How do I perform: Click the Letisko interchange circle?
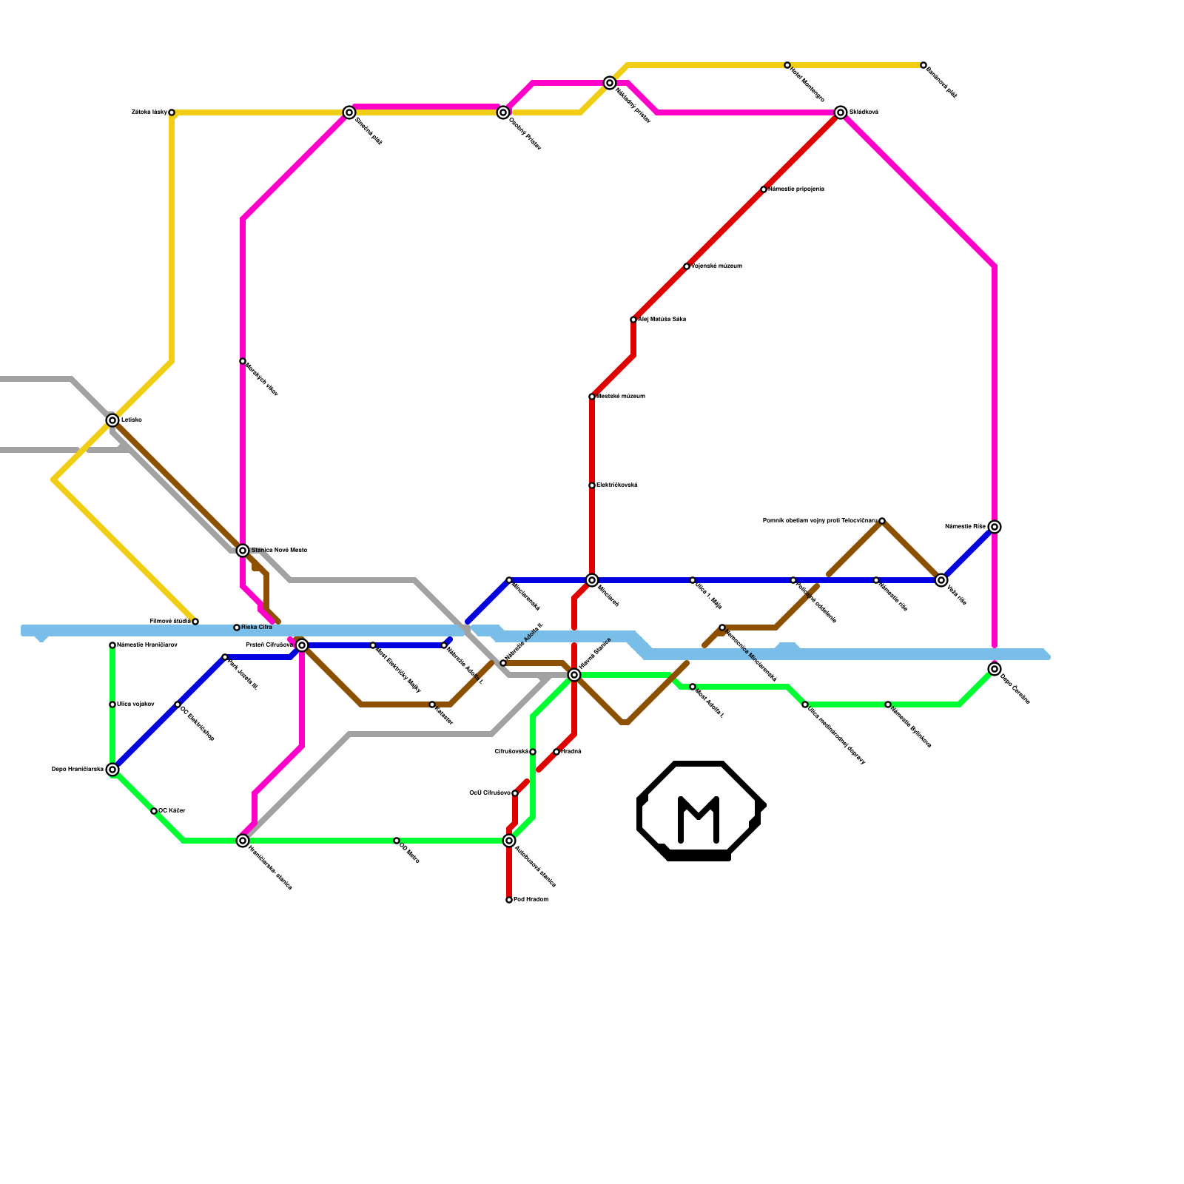click(112, 420)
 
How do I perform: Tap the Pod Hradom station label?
click(531, 899)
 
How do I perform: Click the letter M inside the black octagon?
click(699, 818)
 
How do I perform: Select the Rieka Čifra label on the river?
click(257, 628)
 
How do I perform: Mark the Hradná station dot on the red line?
click(556, 752)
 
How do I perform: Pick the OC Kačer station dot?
click(154, 811)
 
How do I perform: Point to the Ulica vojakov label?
click(135, 704)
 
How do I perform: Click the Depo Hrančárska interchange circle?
click(112, 770)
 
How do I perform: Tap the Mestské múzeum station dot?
click(592, 397)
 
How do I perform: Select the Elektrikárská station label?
click(617, 485)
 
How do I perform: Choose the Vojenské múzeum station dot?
click(687, 266)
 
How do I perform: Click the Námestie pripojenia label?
click(796, 189)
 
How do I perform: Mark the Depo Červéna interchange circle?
click(995, 669)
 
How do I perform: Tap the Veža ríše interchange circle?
click(941, 580)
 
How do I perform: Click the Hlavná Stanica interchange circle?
click(574, 675)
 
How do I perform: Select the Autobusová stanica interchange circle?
click(509, 841)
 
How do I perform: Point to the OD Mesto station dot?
click(397, 841)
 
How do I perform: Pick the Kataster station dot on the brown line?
click(432, 704)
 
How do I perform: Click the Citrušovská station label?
click(511, 751)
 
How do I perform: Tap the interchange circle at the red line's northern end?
click(841, 112)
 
